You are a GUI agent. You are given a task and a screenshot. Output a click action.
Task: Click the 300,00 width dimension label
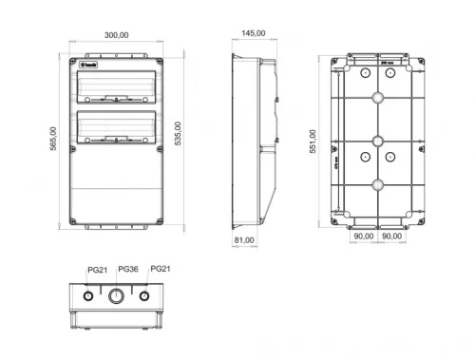(116, 34)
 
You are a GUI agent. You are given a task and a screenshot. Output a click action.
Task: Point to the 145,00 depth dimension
(253, 34)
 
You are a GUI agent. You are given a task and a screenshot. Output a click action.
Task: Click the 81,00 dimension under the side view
(243, 240)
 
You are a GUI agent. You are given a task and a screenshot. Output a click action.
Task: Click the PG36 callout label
(128, 271)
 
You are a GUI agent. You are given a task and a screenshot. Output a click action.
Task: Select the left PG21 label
(97, 271)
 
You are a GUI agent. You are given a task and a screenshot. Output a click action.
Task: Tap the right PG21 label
(161, 270)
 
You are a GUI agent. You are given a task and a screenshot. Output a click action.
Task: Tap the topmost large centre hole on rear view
(377, 97)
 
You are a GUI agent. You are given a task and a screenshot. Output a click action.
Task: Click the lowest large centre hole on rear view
(377, 185)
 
